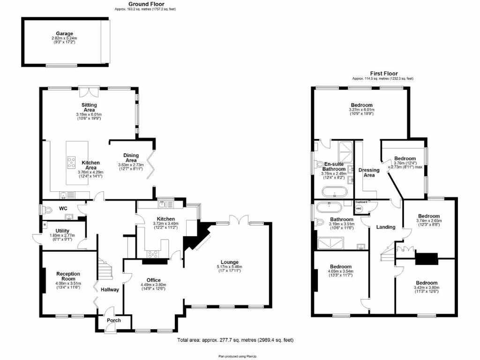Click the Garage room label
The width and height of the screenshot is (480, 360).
tap(65, 34)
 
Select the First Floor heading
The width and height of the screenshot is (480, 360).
tap(383, 74)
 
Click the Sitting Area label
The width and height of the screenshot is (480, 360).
tap(89, 107)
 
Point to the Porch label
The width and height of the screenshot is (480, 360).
tap(113, 321)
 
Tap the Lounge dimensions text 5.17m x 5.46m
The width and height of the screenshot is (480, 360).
tap(230, 267)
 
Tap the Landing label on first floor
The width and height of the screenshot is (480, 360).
tap(386, 227)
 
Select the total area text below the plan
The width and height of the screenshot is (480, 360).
tap(235, 340)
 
